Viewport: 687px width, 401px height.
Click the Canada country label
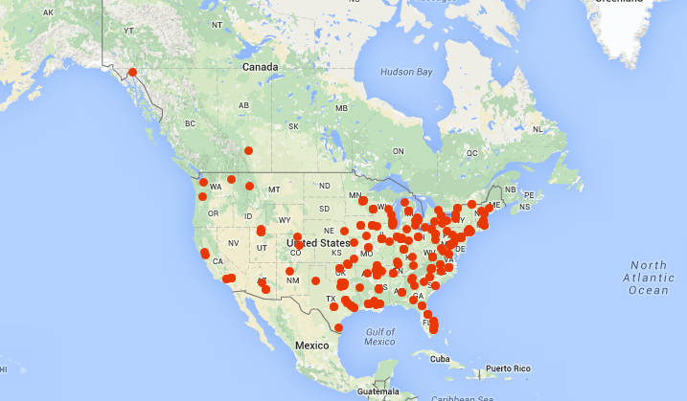pos(260,67)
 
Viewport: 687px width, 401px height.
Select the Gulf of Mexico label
pos(379,336)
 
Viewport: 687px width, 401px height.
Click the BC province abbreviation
pos(190,123)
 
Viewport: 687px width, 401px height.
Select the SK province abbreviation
pos(293,126)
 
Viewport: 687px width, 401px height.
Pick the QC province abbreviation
pos(471,152)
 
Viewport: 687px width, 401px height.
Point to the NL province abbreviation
pos(538,128)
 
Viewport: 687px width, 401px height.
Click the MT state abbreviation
pos(274,189)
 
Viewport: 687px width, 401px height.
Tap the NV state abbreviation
pos(232,243)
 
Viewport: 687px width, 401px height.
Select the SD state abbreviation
pos(324,208)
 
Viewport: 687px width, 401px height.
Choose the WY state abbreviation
pos(284,220)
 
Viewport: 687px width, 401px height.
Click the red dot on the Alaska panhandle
pos(132,72)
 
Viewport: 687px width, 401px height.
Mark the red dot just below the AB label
pos(248,150)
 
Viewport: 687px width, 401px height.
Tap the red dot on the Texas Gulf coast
pos(338,327)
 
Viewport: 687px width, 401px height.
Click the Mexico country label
pos(311,344)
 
